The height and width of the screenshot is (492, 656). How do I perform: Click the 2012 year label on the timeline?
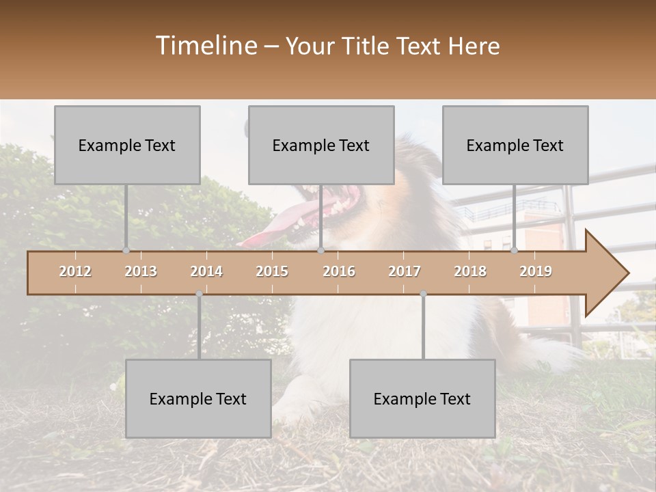click(x=75, y=271)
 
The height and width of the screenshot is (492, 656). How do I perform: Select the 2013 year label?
click(x=141, y=271)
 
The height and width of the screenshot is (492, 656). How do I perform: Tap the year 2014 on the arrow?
click(x=206, y=271)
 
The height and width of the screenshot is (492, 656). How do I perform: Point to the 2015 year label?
click(x=272, y=271)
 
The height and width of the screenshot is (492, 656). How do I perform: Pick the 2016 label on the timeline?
click(x=339, y=271)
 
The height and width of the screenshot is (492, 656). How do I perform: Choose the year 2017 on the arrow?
click(x=405, y=271)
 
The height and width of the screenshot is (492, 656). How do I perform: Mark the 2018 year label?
click(x=470, y=271)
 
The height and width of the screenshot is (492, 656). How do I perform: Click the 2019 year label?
click(x=536, y=271)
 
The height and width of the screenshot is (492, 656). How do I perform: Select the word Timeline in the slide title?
click(x=206, y=46)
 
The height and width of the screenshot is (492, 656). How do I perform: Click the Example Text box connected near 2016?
click(x=321, y=145)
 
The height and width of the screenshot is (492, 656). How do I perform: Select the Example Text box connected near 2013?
click(x=127, y=145)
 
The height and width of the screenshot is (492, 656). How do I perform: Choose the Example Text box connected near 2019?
click(x=515, y=145)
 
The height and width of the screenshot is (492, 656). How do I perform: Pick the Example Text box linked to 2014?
click(x=198, y=398)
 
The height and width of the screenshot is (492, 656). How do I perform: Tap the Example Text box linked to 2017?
click(x=422, y=398)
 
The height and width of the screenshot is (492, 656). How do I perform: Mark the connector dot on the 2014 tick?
click(x=199, y=294)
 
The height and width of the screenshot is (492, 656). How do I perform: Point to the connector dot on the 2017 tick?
click(x=423, y=294)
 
